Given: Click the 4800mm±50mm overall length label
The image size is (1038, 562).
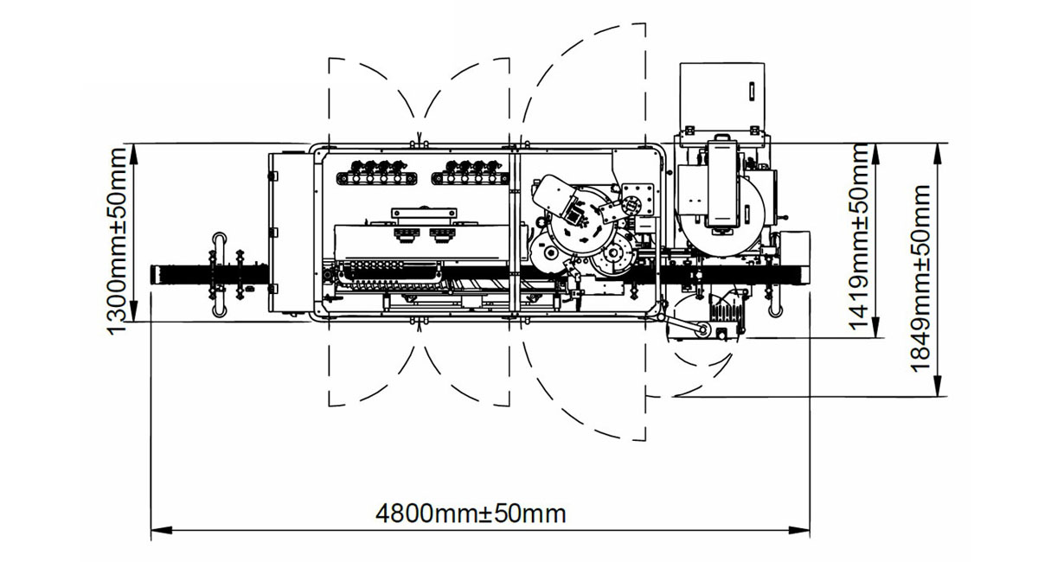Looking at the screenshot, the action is tap(471, 514).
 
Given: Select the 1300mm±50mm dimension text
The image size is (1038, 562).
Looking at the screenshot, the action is tap(116, 241).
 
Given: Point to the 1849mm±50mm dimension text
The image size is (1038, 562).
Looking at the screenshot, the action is tap(920, 278).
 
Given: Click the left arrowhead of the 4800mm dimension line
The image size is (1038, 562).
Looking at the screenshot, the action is tap(161, 530).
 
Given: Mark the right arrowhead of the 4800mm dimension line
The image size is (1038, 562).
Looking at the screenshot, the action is tap(799, 530).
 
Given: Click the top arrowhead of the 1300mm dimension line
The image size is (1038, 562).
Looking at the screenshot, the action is tap(133, 153).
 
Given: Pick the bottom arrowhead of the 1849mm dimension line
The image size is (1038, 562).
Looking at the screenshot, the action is tap(938, 386).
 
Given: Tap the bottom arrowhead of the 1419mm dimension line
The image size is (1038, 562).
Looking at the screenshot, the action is tap(875, 327).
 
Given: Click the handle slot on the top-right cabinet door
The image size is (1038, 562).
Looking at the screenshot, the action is tap(752, 90).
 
